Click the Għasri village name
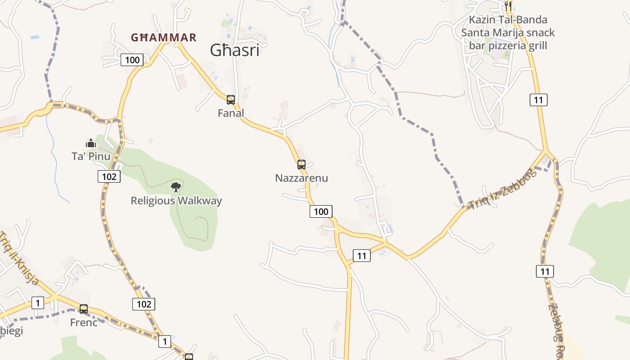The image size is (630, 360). point(234,50)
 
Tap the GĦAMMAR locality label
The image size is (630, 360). point(163,37)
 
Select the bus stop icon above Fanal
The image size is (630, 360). point(231,100)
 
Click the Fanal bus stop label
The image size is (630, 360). point(231,113)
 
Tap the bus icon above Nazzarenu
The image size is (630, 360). point(301,165)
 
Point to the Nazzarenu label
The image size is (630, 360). point(301,178)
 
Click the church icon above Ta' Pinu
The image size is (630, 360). point(91,144)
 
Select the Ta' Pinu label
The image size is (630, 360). point(91,156)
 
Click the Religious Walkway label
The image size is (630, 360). point(176,201)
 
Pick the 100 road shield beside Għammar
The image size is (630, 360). point(132,60)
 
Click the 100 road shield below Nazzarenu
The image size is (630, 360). point(321,211)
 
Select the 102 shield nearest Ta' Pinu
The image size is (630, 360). point(109,176)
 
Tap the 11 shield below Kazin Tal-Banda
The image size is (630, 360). point(539,100)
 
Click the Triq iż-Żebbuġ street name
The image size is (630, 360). point(503,189)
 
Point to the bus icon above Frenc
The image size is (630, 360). point(84,309)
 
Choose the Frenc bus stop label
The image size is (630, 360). point(84,322)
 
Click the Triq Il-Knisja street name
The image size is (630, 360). point(19,259)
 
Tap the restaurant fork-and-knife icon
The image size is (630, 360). point(508,6)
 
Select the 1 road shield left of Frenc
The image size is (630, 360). point(38,303)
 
